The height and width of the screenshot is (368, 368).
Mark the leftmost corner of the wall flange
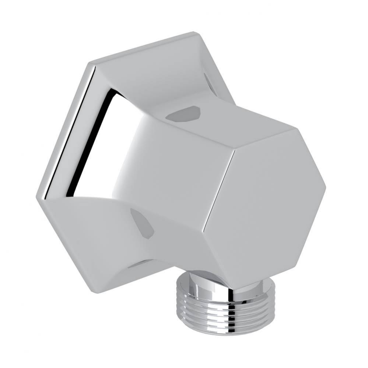(37, 197)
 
